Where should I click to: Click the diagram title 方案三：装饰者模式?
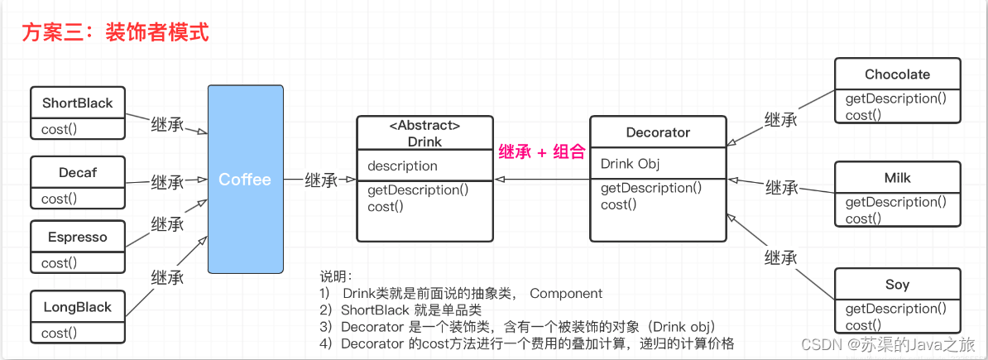[x=115, y=32]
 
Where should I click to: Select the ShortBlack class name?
[x=77, y=103]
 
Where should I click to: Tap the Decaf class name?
[x=77, y=173]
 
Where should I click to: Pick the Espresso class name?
[x=77, y=237]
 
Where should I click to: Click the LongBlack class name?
[x=77, y=307]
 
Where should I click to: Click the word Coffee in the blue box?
[x=244, y=180]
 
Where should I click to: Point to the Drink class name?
[x=424, y=142]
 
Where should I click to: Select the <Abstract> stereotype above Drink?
[x=424, y=126]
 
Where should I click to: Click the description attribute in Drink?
[x=402, y=166]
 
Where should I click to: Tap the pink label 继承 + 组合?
[x=541, y=152]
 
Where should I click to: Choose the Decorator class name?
[x=658, y=132]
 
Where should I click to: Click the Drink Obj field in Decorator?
[x=630, y=163]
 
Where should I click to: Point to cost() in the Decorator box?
[x=618, y=204]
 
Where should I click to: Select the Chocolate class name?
[x=897, y=74]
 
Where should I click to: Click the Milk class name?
[x=897, y=178]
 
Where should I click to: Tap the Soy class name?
[x=897, y=285]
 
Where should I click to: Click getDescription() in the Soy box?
[x=895, y=309]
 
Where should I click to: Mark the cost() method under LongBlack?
[x=59, y=334]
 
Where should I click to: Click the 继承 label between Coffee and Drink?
[x=322, y=180]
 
